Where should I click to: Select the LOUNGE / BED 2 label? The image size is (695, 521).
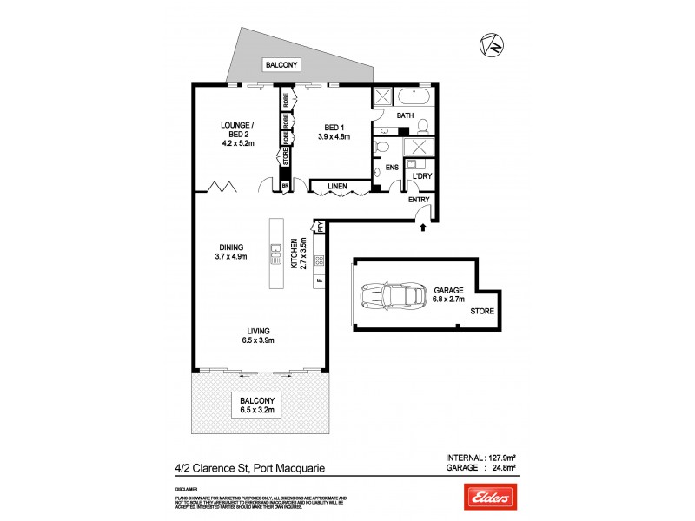[236, 131]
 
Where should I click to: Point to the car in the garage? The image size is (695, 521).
[385, 296]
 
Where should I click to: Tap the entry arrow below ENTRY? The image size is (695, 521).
[423, 228]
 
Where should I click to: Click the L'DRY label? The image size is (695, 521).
[422, 177]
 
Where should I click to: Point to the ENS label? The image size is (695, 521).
[391, 167]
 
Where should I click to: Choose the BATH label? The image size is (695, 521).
[405, 115]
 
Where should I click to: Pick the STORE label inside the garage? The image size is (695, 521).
[480, 311]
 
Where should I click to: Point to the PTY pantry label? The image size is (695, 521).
[320, 228]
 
